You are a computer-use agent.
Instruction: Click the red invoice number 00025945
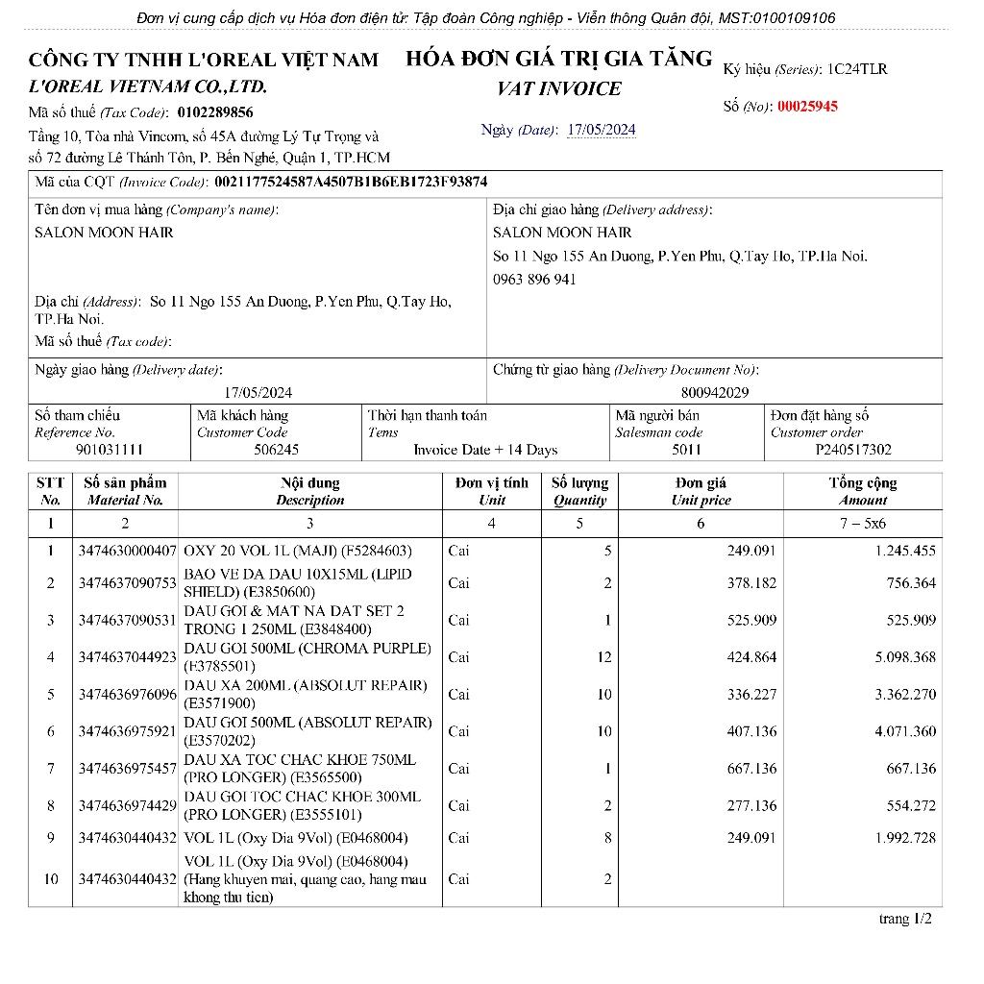point(807,107)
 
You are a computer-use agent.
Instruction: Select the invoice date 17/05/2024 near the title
point(602,130)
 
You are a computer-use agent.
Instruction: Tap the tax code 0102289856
point(215,111)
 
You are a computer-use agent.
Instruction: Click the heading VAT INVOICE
point(558,89)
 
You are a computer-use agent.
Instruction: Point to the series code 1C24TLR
point(857,69)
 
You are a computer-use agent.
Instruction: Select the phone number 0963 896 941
point(534,280)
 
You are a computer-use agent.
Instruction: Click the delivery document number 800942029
point(715,392)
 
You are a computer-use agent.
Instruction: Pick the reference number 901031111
point(110,450)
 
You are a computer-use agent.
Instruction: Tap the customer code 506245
point(276,450)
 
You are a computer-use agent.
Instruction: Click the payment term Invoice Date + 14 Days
point(485,450)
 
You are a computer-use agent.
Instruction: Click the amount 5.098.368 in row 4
point(904,657)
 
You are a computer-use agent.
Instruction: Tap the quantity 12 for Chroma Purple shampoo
point(603,657)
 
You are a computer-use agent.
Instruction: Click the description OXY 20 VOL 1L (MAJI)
point(297,551)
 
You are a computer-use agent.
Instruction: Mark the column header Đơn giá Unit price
point(701,491)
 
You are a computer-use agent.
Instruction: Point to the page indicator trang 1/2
point(905,920)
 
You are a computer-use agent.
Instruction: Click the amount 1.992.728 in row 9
point(904,838)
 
